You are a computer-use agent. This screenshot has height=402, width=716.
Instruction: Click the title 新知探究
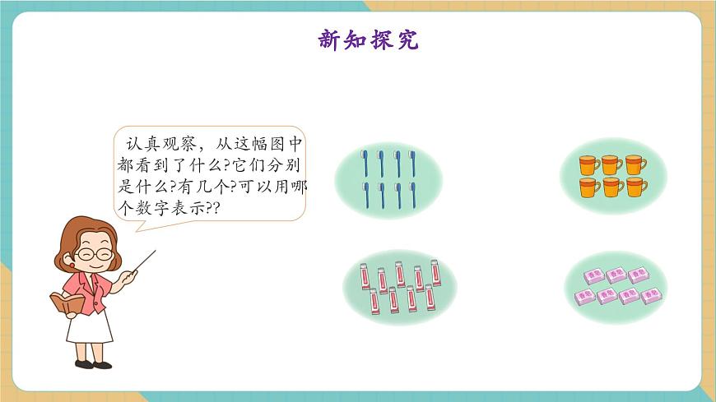(368, 39)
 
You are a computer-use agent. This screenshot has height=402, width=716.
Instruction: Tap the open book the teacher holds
(67, 303)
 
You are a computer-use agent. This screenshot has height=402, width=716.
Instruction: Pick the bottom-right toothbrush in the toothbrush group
(411, 196)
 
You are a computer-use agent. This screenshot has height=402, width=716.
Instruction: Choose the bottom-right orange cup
(636, 187)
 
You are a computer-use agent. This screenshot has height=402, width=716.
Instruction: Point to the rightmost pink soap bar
(653, 293)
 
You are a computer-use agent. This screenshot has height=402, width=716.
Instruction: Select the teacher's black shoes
(92, 363)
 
